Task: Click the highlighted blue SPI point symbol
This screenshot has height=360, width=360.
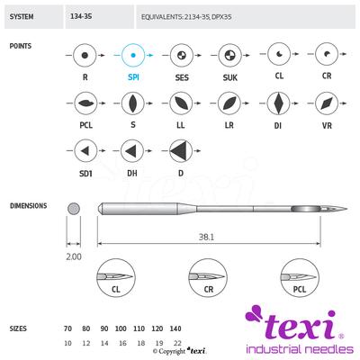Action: click(133, 56)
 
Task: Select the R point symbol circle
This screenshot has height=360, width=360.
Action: click(85, 56)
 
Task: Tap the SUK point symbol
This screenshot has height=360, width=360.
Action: click(230, 56)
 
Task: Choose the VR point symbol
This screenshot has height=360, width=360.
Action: click(328, 103)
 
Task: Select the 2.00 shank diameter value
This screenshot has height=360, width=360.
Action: click(74, 256)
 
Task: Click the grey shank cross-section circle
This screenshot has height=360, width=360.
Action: click(74, 208)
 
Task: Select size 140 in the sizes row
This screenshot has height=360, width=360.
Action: click(175, 329)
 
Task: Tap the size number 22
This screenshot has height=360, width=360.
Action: click(175, 343)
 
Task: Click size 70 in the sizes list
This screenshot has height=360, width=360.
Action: click(68, 329)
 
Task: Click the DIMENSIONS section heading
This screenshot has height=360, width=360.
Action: click(28, 205)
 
